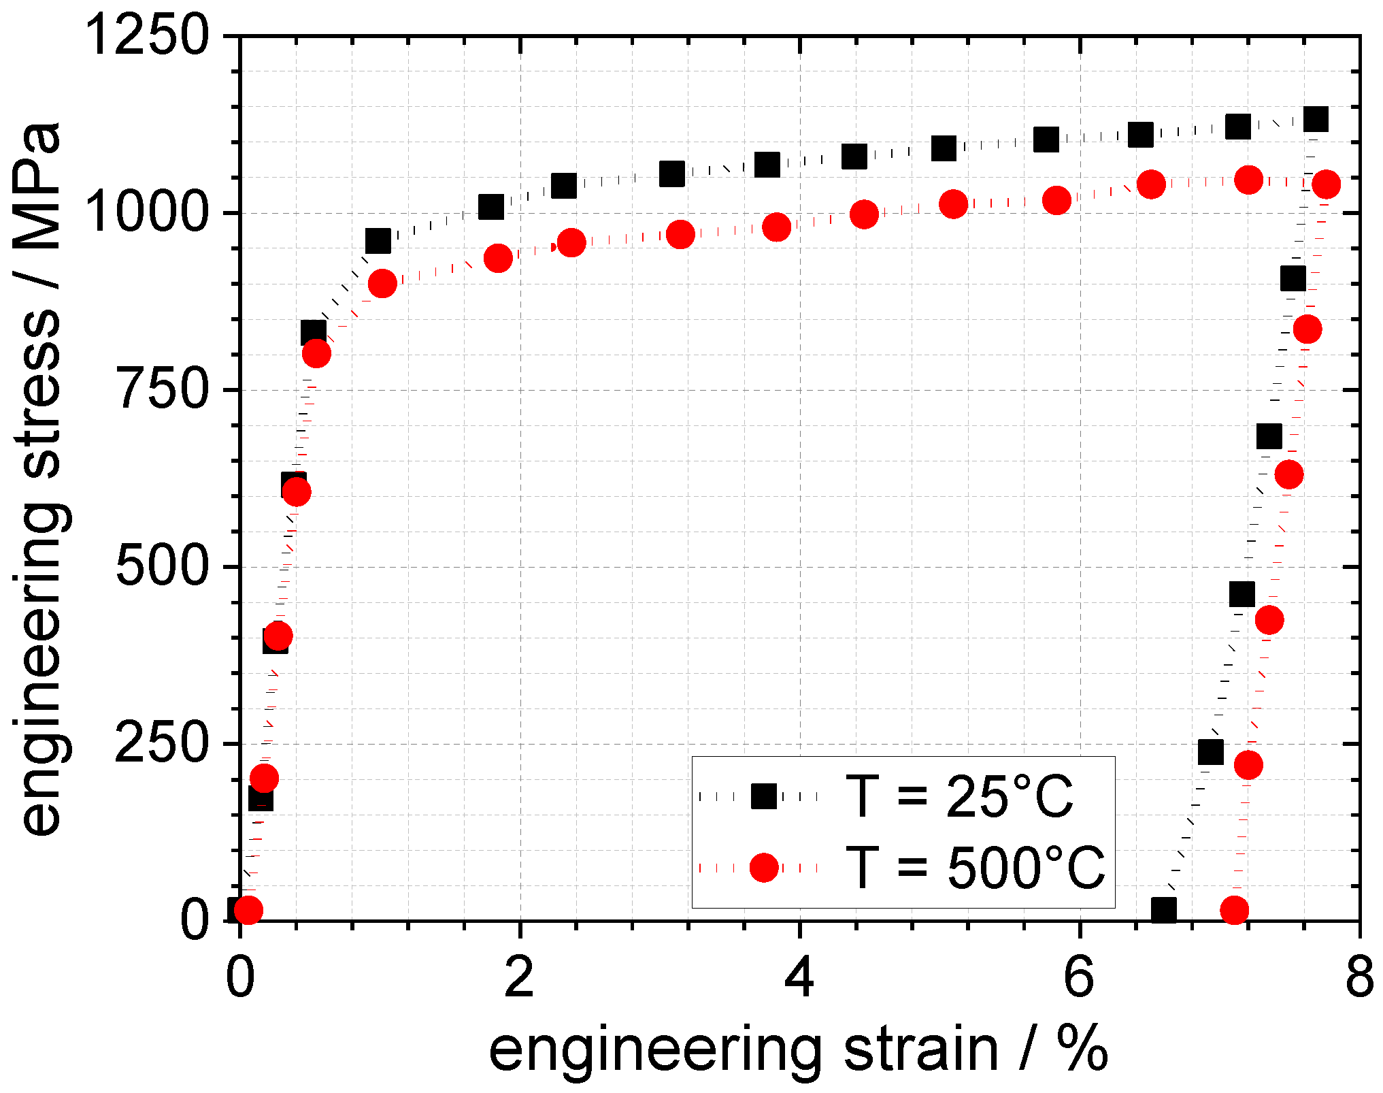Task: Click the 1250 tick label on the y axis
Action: point(147,35)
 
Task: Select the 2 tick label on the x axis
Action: point(520,978)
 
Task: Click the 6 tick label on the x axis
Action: point(1080,978)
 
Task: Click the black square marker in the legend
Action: point(763,796)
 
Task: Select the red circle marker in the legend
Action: point(763,868)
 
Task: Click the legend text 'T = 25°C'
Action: point(959,796)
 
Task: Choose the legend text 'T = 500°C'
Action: point(974,868)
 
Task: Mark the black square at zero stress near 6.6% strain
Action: point(1164,909)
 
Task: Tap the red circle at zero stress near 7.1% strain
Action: point(1234,910)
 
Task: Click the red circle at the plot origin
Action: point(249,909)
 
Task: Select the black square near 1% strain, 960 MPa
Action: point(378,240)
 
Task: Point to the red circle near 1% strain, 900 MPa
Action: point(382,283)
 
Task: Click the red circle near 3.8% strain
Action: point(776,227)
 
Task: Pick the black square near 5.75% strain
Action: point(1046,140)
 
